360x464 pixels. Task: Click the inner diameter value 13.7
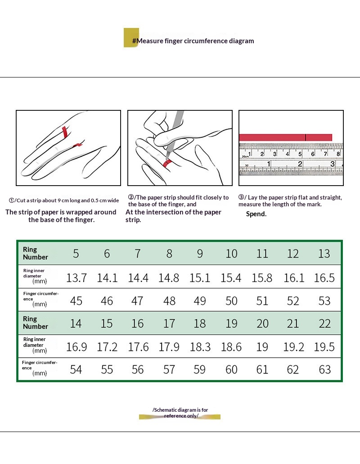click(x=76, y=278)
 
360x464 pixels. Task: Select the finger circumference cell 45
click(x=76, y=300)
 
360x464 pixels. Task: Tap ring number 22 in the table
click(x=324, y=323)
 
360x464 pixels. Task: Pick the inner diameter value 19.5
click(x=324, y=346)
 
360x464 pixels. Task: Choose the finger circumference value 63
click(x=324, y=370)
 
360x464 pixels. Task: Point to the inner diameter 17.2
click(x=107, y=346)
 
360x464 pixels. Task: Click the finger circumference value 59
click(x=199, y=370)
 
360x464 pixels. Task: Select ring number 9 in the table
click(x=200, y=254)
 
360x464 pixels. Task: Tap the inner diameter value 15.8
click(x=262, y=278)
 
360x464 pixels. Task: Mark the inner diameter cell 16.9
click(x=76, y=346)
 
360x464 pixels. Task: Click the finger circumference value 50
click(x=231, y=300)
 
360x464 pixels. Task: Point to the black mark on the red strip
click(x=306, y=137)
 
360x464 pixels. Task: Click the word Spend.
click(x=256, y=214)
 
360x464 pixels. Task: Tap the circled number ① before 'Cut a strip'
click(x=11, y=200)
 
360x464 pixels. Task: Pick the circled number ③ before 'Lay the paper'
click(x=241, y=197)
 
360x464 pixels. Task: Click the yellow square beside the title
click(x=131, y=37)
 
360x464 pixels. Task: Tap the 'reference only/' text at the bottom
click(x=181, y=416)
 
